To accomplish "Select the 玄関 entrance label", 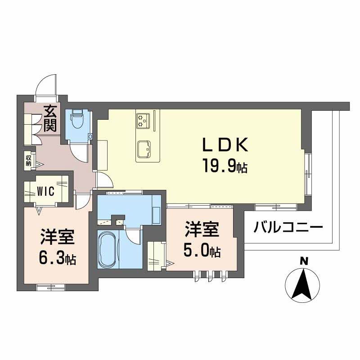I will pyautogui.click(x=50, y=118).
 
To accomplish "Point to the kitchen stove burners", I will pyautogui.click(x=144, y=120).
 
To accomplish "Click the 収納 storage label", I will pyautogui.click(x=28, y=160).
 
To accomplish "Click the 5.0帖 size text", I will pyautogui.click(x=201, y=251).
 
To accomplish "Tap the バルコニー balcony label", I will pyautogui.click(x=288, y=226).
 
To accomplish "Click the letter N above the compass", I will pyautogui.click(x=304, y=261).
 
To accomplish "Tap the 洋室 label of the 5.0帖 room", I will pyautogui.click(x=201, y=229).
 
